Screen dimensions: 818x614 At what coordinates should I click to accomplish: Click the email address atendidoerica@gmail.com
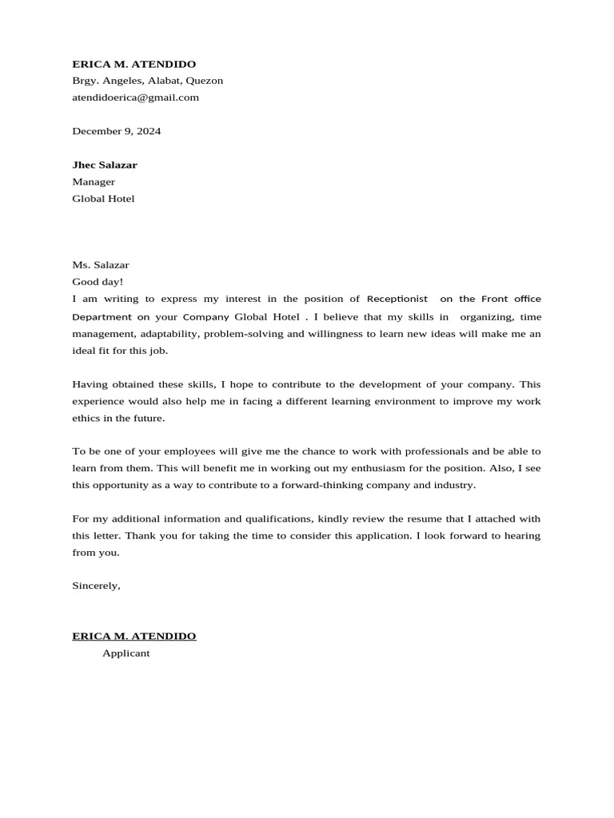(x=135, y=97)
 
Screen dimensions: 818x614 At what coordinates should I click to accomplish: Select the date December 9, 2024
(x=116, y=131)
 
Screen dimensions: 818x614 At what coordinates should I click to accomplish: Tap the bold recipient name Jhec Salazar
(x=104, y=165)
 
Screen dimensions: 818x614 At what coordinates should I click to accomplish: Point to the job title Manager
(x=94, y=181)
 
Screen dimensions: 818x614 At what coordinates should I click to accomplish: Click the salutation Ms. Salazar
(x=100, y=264)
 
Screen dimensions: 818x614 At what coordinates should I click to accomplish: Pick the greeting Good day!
(x=98, y=281)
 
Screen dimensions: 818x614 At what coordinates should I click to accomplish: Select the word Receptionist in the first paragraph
(x=397, y=299)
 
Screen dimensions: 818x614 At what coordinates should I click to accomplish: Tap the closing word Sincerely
(x=95, y=586)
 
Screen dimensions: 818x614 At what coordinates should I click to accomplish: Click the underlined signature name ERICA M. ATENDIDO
(x=134, y=636)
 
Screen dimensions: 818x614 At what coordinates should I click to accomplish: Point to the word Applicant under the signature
(x=126, y=653)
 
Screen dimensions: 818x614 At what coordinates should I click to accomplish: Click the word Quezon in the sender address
(x=205, y=81)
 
